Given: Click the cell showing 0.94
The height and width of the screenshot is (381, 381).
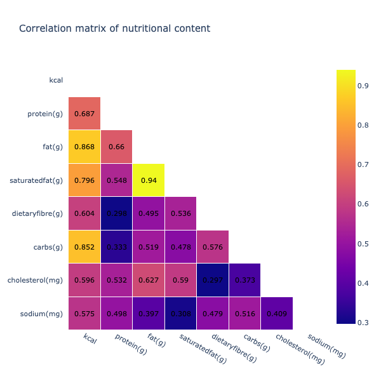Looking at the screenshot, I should tap(149, 180).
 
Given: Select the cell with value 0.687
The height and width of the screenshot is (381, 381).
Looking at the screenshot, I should tap(84, 114).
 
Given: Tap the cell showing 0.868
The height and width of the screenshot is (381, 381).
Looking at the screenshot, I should tap(84, 147).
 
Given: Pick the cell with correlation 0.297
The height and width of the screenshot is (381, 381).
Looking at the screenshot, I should tap(213, 280).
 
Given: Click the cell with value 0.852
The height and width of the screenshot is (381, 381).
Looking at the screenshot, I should tap(84, 247).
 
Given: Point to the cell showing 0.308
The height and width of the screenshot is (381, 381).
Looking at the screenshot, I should tap(180, 314).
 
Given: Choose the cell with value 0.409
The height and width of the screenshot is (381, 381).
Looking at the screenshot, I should tap(277, 314).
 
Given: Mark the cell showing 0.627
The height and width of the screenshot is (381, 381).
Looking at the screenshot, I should tap(149, 280).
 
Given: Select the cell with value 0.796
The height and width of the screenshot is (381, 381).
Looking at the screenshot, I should tap(84, 180).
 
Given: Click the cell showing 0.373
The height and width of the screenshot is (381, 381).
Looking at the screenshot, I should tap(245, 280).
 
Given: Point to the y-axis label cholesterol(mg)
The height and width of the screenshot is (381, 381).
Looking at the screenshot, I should tap(36, 280).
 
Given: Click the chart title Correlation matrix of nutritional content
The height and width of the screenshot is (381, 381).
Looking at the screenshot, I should tap(114, 29).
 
